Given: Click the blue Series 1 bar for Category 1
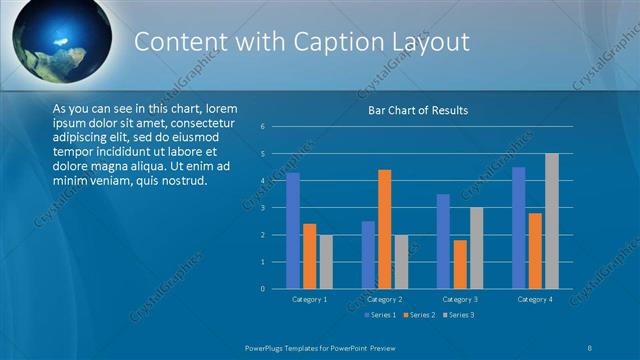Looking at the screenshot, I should (x=293, y=230).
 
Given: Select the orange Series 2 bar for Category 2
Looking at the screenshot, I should (x=385, y=229).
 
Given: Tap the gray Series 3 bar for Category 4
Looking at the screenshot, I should (x=551, y=221).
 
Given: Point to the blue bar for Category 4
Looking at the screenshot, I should (x=518, y=227).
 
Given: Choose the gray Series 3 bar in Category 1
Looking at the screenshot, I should (x=326, y=262).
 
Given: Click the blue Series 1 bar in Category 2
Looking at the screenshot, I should (x=368, y=255).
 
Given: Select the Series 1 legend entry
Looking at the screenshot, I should (x=380, y=315).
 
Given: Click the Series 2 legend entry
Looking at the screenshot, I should (x=419, y=315).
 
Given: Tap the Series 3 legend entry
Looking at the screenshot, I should (x=458, y=315).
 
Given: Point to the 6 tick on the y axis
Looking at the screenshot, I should (x=261, y=127).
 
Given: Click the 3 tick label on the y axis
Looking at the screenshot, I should (x=261, y=208).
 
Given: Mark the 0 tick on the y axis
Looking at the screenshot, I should (x=261, y=289).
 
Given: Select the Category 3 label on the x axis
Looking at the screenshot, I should (x=460, y=299).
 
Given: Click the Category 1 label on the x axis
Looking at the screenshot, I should (x=310, y=299).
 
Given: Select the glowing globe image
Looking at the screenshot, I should (x=59, y=38).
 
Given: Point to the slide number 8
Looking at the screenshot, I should (x=590, y=346).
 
